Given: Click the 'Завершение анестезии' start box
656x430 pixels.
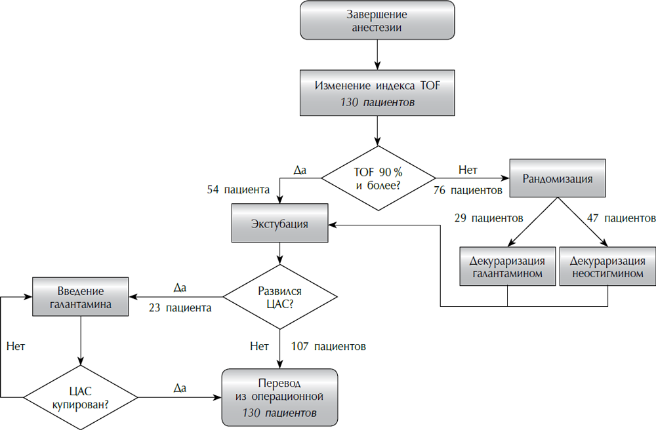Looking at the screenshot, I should coord(377,22).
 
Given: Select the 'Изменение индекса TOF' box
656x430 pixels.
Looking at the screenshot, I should coord(377,93).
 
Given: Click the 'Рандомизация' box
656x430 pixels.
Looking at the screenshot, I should coord(558,178).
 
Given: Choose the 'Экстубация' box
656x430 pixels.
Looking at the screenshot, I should coord(279,224).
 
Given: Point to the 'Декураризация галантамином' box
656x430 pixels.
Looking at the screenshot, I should coord(507,267).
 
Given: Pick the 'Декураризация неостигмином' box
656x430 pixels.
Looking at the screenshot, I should coord(607,267).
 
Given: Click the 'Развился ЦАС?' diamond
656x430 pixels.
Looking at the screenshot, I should coord(280,296).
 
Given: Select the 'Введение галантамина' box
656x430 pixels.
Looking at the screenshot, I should coord(79,296).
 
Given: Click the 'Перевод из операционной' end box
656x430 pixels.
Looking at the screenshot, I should coord(279,397).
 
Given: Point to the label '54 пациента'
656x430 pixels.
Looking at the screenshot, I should coord(238,190).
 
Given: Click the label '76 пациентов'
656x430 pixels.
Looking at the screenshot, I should coord(468,191).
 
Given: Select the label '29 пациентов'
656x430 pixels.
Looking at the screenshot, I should coord(488,218).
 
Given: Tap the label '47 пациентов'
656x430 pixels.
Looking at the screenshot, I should coord(621,218).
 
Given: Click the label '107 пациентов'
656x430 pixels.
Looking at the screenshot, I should coord(329,345).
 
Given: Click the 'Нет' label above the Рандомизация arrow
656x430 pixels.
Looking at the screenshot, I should coord(468,170).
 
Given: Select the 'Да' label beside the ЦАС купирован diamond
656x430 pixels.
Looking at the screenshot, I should coord(180,388).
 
